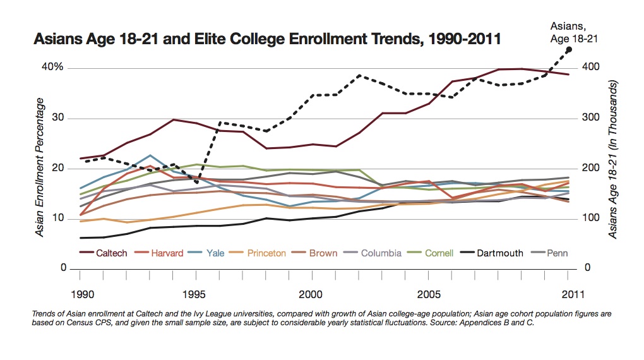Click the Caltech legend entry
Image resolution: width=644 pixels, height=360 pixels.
coord(111,253)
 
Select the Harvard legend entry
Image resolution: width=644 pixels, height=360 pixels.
coord(167,253)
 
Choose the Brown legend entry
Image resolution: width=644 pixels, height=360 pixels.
coord(323,253)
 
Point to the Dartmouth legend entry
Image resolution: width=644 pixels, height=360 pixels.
coord(500,253)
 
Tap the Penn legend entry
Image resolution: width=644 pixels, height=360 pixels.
coord(557,253)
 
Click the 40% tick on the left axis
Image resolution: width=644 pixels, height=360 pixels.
coord(53,67)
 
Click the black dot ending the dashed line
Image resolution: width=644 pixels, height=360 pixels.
coord(569,49)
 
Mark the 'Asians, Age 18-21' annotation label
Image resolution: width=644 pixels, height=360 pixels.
coord(569,32)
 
